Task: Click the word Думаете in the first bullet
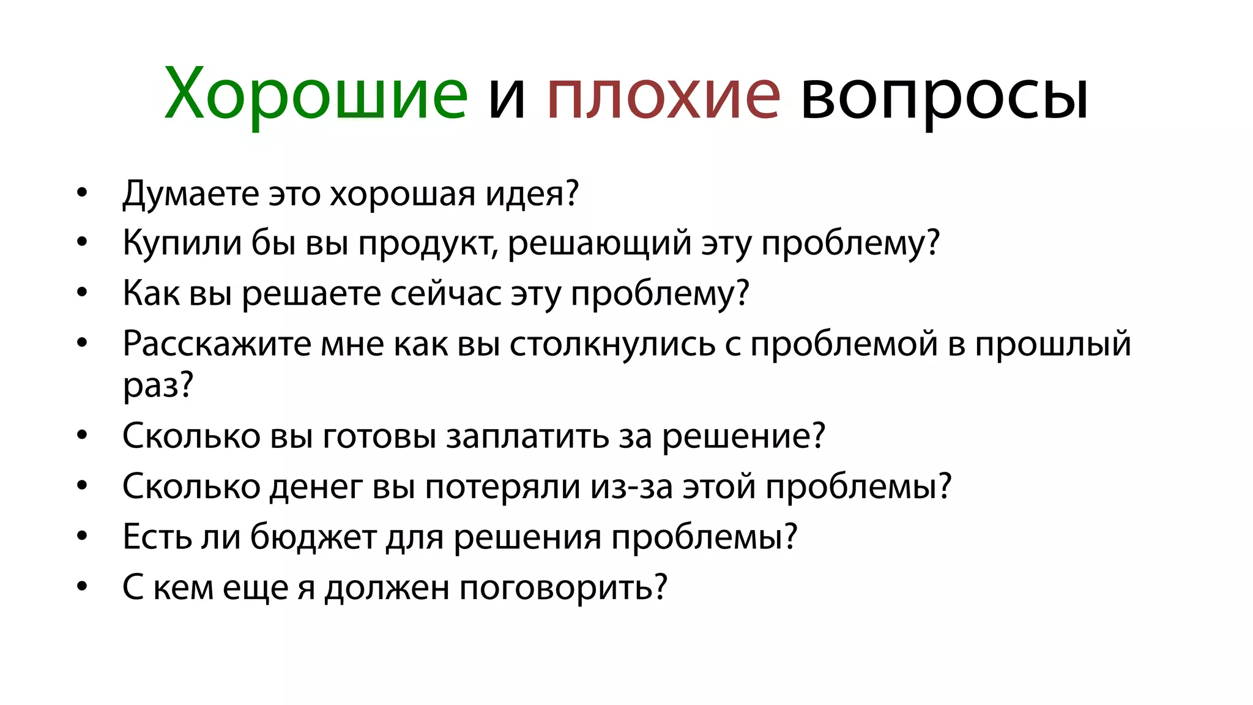[x=191, y=194]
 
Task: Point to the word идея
[x=531, y=194]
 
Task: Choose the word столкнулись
[x=612, y=344]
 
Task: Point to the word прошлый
[x=1052, y=344]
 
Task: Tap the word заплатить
[x=527, y=437]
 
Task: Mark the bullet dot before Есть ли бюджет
[x=83, y=537]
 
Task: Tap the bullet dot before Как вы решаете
[x=83, y=293]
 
